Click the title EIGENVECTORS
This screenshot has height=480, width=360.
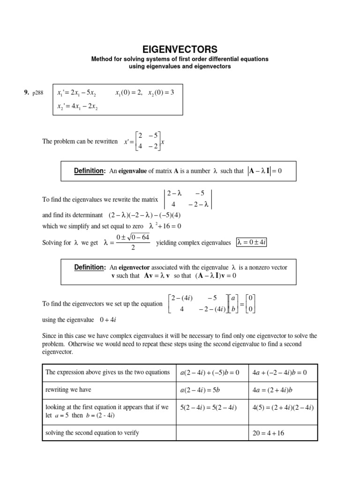point(180,49)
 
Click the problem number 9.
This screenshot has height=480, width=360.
point(27,93)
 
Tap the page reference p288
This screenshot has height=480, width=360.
point(37,93)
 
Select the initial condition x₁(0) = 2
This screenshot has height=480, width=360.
point(129,92)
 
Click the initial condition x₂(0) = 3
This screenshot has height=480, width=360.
point(161,92)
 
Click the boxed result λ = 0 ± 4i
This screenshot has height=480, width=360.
point(251,242)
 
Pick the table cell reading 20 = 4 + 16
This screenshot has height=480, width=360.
point(268,433)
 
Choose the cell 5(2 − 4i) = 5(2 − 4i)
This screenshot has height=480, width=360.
point(209,407)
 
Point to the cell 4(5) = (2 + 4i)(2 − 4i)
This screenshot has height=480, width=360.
point(283,407)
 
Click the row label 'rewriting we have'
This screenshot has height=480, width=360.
point(68,390)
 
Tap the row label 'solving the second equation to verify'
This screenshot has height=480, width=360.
point(92,433)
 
